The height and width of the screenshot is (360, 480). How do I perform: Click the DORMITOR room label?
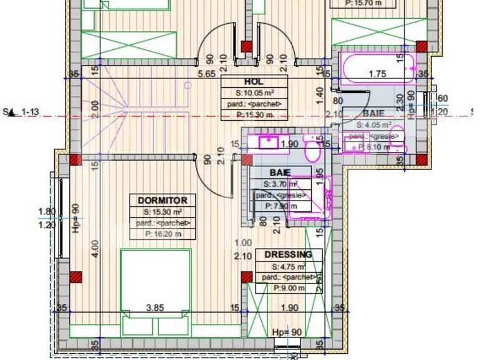[162, 201]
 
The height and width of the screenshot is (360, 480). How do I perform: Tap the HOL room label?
[254, 82]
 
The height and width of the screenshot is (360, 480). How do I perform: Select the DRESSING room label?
[289, 255]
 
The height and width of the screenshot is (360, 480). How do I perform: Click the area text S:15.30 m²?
[162, 212]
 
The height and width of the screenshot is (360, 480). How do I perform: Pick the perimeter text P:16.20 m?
[162, 234]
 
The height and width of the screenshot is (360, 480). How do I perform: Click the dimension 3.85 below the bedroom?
[154, 308]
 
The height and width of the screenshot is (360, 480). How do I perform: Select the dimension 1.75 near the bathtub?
[378, 74]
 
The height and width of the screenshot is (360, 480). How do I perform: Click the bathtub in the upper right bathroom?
[377, 68]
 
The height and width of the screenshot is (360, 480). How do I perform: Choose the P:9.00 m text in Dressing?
[289, 288]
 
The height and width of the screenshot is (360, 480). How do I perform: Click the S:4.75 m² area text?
[289, 267]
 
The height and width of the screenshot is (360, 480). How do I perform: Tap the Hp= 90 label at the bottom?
[287, 333]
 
